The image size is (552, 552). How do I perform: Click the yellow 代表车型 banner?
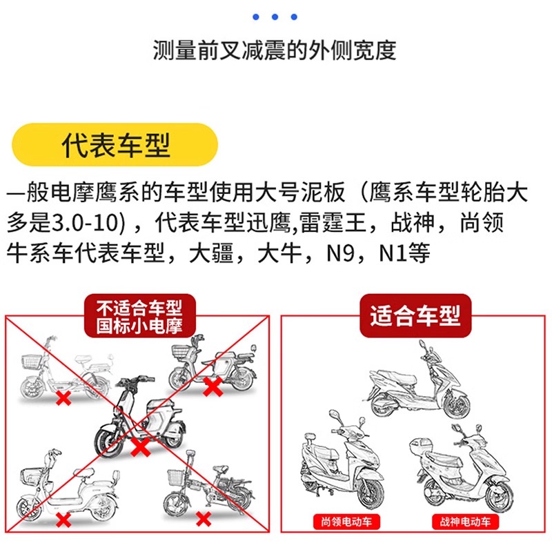pos(115,146)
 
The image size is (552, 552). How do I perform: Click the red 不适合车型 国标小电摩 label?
pos(140,316)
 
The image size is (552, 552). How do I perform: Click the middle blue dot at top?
pos(276,17)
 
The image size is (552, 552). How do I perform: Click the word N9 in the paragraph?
pos(345,253)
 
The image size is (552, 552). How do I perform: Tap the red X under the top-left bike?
pos(63,399)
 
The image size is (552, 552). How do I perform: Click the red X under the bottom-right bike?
pos(203,517)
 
